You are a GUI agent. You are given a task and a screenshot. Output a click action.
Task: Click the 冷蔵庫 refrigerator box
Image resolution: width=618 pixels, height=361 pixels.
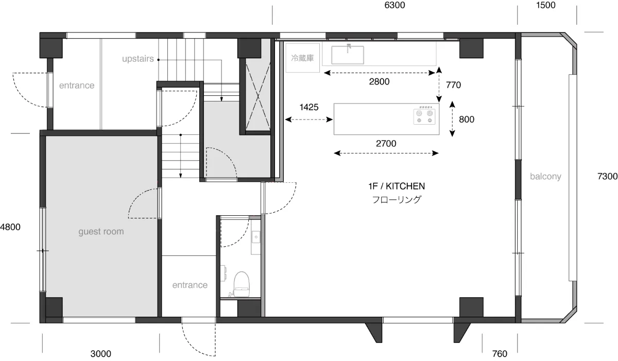click(303, 58)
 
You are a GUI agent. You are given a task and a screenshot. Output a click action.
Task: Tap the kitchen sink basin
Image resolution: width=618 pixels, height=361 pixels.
click(348, 55)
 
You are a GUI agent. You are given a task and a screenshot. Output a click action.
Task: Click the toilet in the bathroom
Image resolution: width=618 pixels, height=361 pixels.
click(241, 284)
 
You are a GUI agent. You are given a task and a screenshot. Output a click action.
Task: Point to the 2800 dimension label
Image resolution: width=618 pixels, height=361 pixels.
click(379, 82)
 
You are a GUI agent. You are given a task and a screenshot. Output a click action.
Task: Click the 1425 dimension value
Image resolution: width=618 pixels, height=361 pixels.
click(308, 107)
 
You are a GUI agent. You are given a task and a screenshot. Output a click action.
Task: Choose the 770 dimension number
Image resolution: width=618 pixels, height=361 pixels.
click(453, 85)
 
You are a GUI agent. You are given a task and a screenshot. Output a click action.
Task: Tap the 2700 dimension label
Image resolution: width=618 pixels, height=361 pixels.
click(386, 143)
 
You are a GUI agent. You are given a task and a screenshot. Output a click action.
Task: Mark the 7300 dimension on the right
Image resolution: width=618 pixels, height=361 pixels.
click(607, 176)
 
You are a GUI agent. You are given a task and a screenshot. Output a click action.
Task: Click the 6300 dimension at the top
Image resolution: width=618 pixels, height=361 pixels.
click(394, 5)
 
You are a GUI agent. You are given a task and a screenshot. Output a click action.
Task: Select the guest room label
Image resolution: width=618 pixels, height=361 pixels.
click(101, 232)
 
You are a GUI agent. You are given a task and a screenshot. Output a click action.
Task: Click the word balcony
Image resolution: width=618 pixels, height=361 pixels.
click(545, 177)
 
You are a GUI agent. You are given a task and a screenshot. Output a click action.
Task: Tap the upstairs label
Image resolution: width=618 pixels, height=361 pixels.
click(138, 59)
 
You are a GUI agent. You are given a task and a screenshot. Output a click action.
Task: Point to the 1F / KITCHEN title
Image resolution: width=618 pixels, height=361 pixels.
click(397, 186)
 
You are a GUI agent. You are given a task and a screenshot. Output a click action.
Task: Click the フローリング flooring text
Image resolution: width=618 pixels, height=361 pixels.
click(397, 199)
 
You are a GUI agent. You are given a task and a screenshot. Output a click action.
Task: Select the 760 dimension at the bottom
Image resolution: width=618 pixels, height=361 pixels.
click(500, 354)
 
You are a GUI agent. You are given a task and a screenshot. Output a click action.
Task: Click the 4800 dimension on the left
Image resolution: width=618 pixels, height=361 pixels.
click(10, 227)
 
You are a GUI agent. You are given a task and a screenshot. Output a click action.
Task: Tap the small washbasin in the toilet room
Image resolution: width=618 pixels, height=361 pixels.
click(256, 237)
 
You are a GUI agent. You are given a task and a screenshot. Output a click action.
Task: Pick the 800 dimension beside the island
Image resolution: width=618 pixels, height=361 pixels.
click(467, 119)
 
